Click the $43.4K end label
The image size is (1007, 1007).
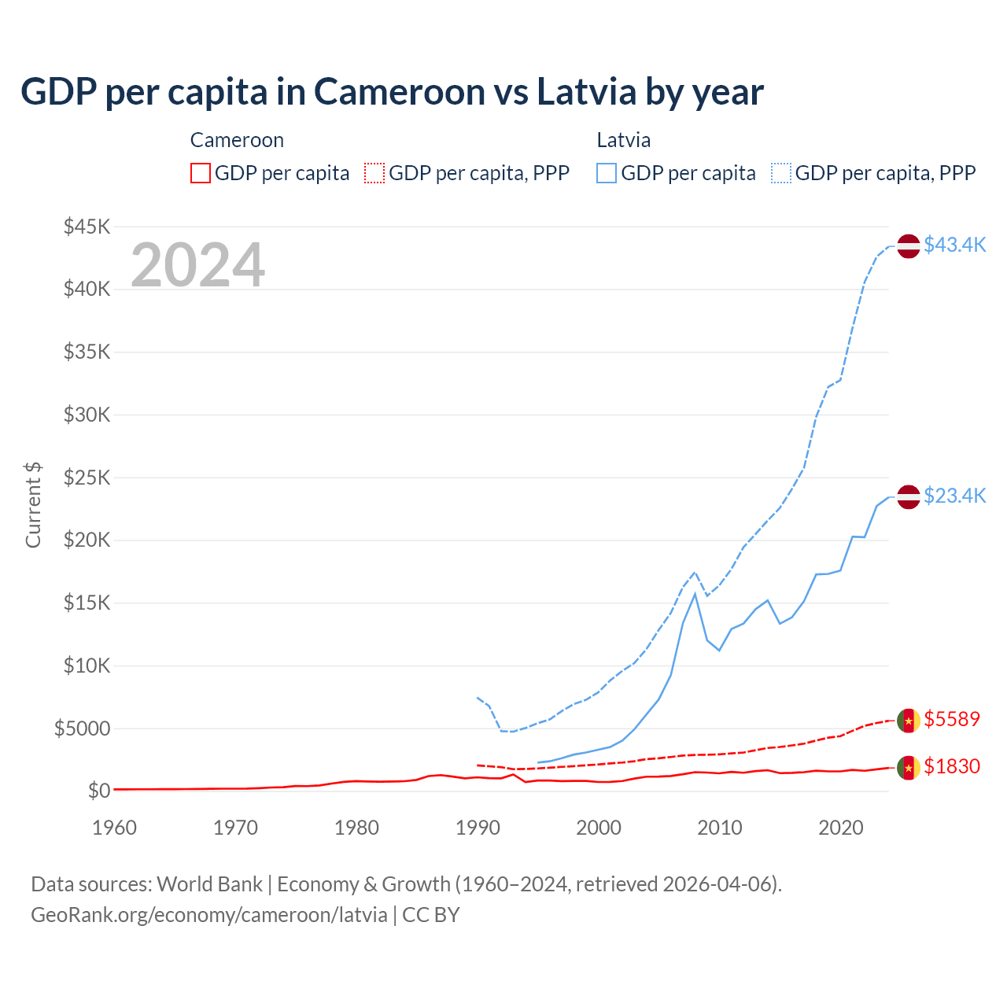(x=954, y=245)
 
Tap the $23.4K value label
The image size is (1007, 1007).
(x=954, y=496)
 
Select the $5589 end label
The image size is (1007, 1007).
(x=952, y=719)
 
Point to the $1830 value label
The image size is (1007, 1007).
(x=952, y=766)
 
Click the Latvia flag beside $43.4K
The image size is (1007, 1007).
(x=909, y=246)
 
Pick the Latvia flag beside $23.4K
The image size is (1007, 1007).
(x=909, y=497)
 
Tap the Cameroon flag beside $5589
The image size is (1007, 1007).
(x=909, y=721)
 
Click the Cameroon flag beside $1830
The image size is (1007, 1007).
(x=909, y=768)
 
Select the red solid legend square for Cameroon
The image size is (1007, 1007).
(x=201, y=173)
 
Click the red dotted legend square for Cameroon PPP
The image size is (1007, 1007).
(x=374, y=173)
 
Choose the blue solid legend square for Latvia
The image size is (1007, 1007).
(x=607, y=173)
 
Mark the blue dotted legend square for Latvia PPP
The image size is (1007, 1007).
(x=781, y=173)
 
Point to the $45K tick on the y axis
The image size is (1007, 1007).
(x=87, y=227)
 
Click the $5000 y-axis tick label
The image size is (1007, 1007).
(x=83, y=729)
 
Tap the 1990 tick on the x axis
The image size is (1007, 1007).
(x=478, y=828)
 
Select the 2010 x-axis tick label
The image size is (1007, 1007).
(x=720, y=828)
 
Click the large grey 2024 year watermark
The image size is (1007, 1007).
(x=197, y=265)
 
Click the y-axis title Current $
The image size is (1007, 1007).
(x=33, y=505)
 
